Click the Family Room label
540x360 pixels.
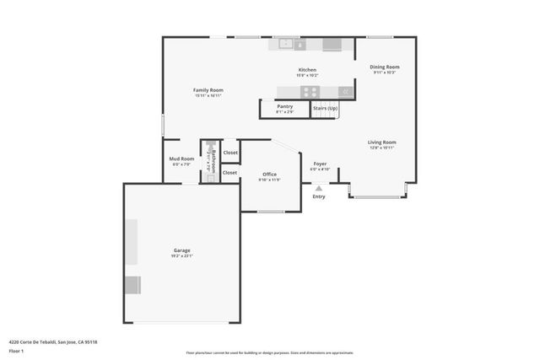[208, 89]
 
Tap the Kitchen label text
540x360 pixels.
[307, 70]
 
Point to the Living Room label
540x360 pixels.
[381, 142]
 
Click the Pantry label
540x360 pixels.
[284, 106]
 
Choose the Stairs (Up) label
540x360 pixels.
[326, 109]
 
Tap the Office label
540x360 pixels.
[269, 175]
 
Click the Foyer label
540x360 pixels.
[320, 164]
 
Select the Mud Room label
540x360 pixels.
[182, 159]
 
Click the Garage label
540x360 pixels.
[181, 250]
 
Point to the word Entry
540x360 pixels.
[318, 196]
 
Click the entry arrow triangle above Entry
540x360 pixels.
[318, 188]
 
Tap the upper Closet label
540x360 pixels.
[229, 153]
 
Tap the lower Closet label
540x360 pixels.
[229, 172]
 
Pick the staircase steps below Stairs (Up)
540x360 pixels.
[326, 125]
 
